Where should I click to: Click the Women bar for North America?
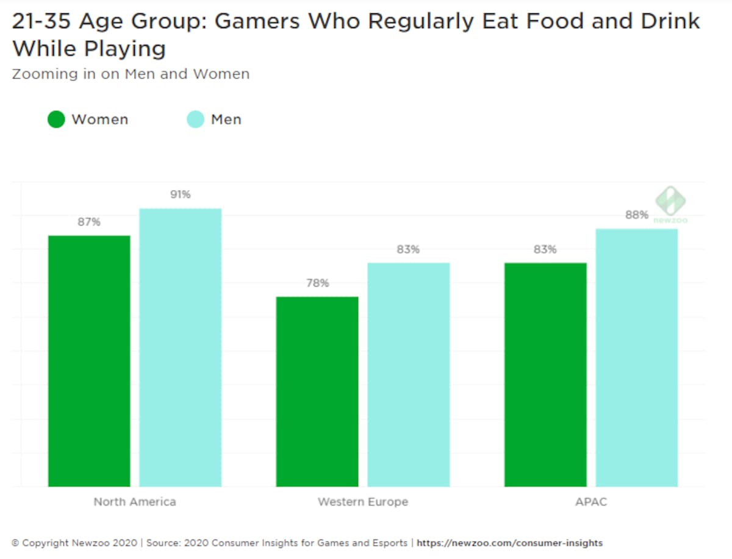[89, 361]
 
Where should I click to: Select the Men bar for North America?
[180, 347]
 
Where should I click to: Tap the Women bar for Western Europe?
[317, 391]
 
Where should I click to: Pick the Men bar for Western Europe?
[409, 375]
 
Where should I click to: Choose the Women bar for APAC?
[545, 375]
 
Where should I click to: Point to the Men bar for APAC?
[637, 358]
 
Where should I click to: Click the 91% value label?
[181, 194]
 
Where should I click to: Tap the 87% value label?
[89, 222]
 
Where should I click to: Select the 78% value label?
[317, 283]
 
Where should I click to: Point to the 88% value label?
[637, 215]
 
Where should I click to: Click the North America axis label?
[135, 502]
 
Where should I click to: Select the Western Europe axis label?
[363, 502]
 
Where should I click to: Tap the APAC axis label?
[591, 502]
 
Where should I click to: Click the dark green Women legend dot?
[56, 119]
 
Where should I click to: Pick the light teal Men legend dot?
[195, 119]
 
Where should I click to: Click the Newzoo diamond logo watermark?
[670, 201]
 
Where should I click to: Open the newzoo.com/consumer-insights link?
[509, 543]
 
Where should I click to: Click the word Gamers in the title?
[257, 22]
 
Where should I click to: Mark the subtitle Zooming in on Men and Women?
[131, 74]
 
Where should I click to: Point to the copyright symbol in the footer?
[15, 543]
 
